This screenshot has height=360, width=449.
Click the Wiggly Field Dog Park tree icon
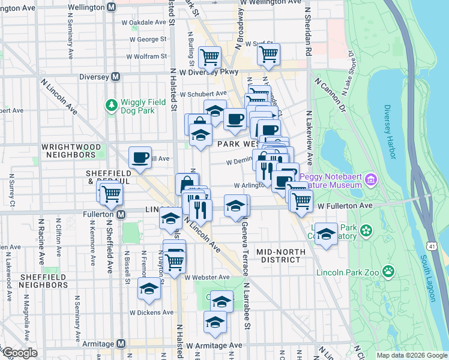pyautogui.click(x=111, y=106)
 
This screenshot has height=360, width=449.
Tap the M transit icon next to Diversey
pyautogui.click(x=116, y=77)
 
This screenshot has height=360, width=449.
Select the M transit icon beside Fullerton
pyautogui.click(x=121, y=214)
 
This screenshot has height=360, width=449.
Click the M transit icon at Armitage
pyautogui.click(x=121, y=344)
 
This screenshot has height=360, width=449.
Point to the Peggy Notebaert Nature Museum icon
pyautogui.click(x=370, y=179)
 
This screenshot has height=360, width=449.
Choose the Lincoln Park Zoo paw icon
pyautogui.click(x=389, y=272)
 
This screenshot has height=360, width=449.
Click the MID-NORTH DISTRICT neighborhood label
pyautogui.click(x=278, y=256)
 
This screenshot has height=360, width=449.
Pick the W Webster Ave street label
pyautogui.click(x=207, y=277)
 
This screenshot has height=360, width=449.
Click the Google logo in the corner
pyautogui.click(x=20, y=353)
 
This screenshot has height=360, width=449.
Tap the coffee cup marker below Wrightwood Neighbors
pyautogui.click(x=140, y=158)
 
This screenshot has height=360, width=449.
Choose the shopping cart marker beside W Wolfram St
pyautogui.click(x=210, y=58)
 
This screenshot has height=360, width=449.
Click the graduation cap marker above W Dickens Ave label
pyautogui.click(x=149, y=289)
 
